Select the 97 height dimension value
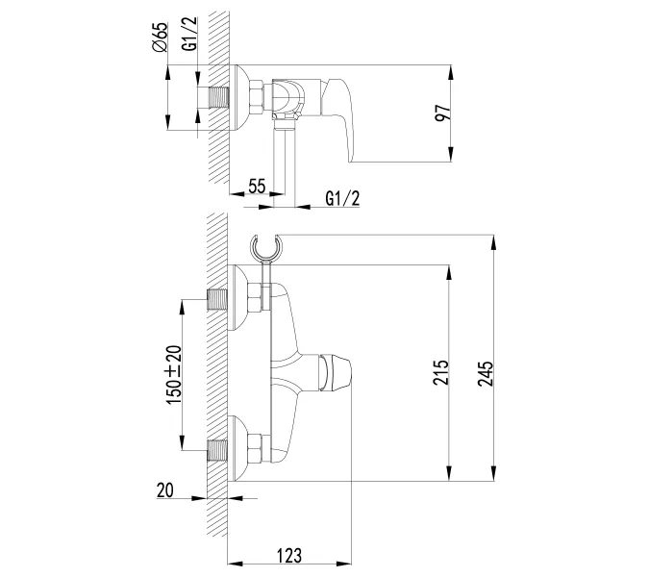441,112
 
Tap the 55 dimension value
256,188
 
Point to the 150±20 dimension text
173,375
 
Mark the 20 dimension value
165,490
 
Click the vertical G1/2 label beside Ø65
190,34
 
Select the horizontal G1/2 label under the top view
343,198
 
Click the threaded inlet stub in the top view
220,98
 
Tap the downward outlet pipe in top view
283,154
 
